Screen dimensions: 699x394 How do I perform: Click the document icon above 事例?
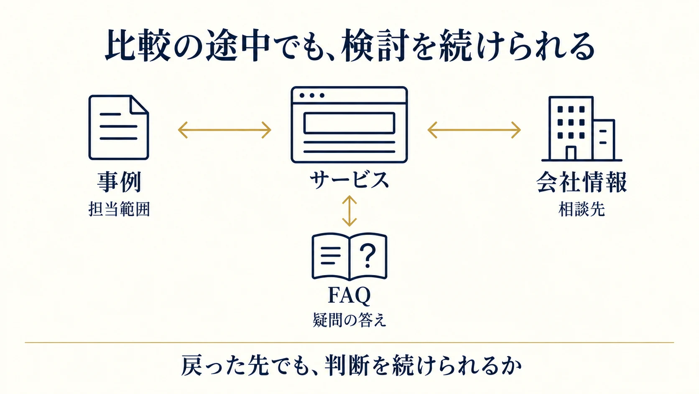pyautogui.click(x=119, y=127)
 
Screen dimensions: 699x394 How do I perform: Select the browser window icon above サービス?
pyautogui.click(x=349, y=125)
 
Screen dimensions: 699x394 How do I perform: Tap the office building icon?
pyautogui.click(x=582, y=129)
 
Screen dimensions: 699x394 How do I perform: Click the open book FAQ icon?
pyautogui.click(x=349, y=257)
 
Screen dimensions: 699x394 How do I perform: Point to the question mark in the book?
pyautogui.click(x=368, y=255)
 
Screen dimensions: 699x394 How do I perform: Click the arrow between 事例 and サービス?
pyautogui.click(x=224, y=130)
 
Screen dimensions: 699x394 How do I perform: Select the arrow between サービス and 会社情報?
pyautogui.click(x=474, y=130)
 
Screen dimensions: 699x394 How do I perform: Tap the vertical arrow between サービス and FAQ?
pyautogui.click(x=349, y=211)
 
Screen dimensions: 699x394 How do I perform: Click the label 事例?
pyautogui.click(x=119, y=182)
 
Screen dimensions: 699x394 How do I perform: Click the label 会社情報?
pyautogui.click(x=582, y=182)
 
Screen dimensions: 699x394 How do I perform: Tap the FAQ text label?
pyautogui.click(x=349, y=295)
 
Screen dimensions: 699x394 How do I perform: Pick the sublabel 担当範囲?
pyautogui.click(x=119, y=209)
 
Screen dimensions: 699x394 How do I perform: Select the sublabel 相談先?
pyautogui.click(x=582, y=209)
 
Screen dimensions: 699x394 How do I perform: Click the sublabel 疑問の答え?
pyautogui.click(x=349, y=320)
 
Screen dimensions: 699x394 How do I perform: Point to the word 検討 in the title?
pyautogui.click(x=375, y=46)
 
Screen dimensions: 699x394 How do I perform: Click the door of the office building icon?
pyautogui.click(x=571, y=153)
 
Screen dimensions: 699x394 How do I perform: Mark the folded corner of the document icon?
pyautogui.click(x=138, y=104)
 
